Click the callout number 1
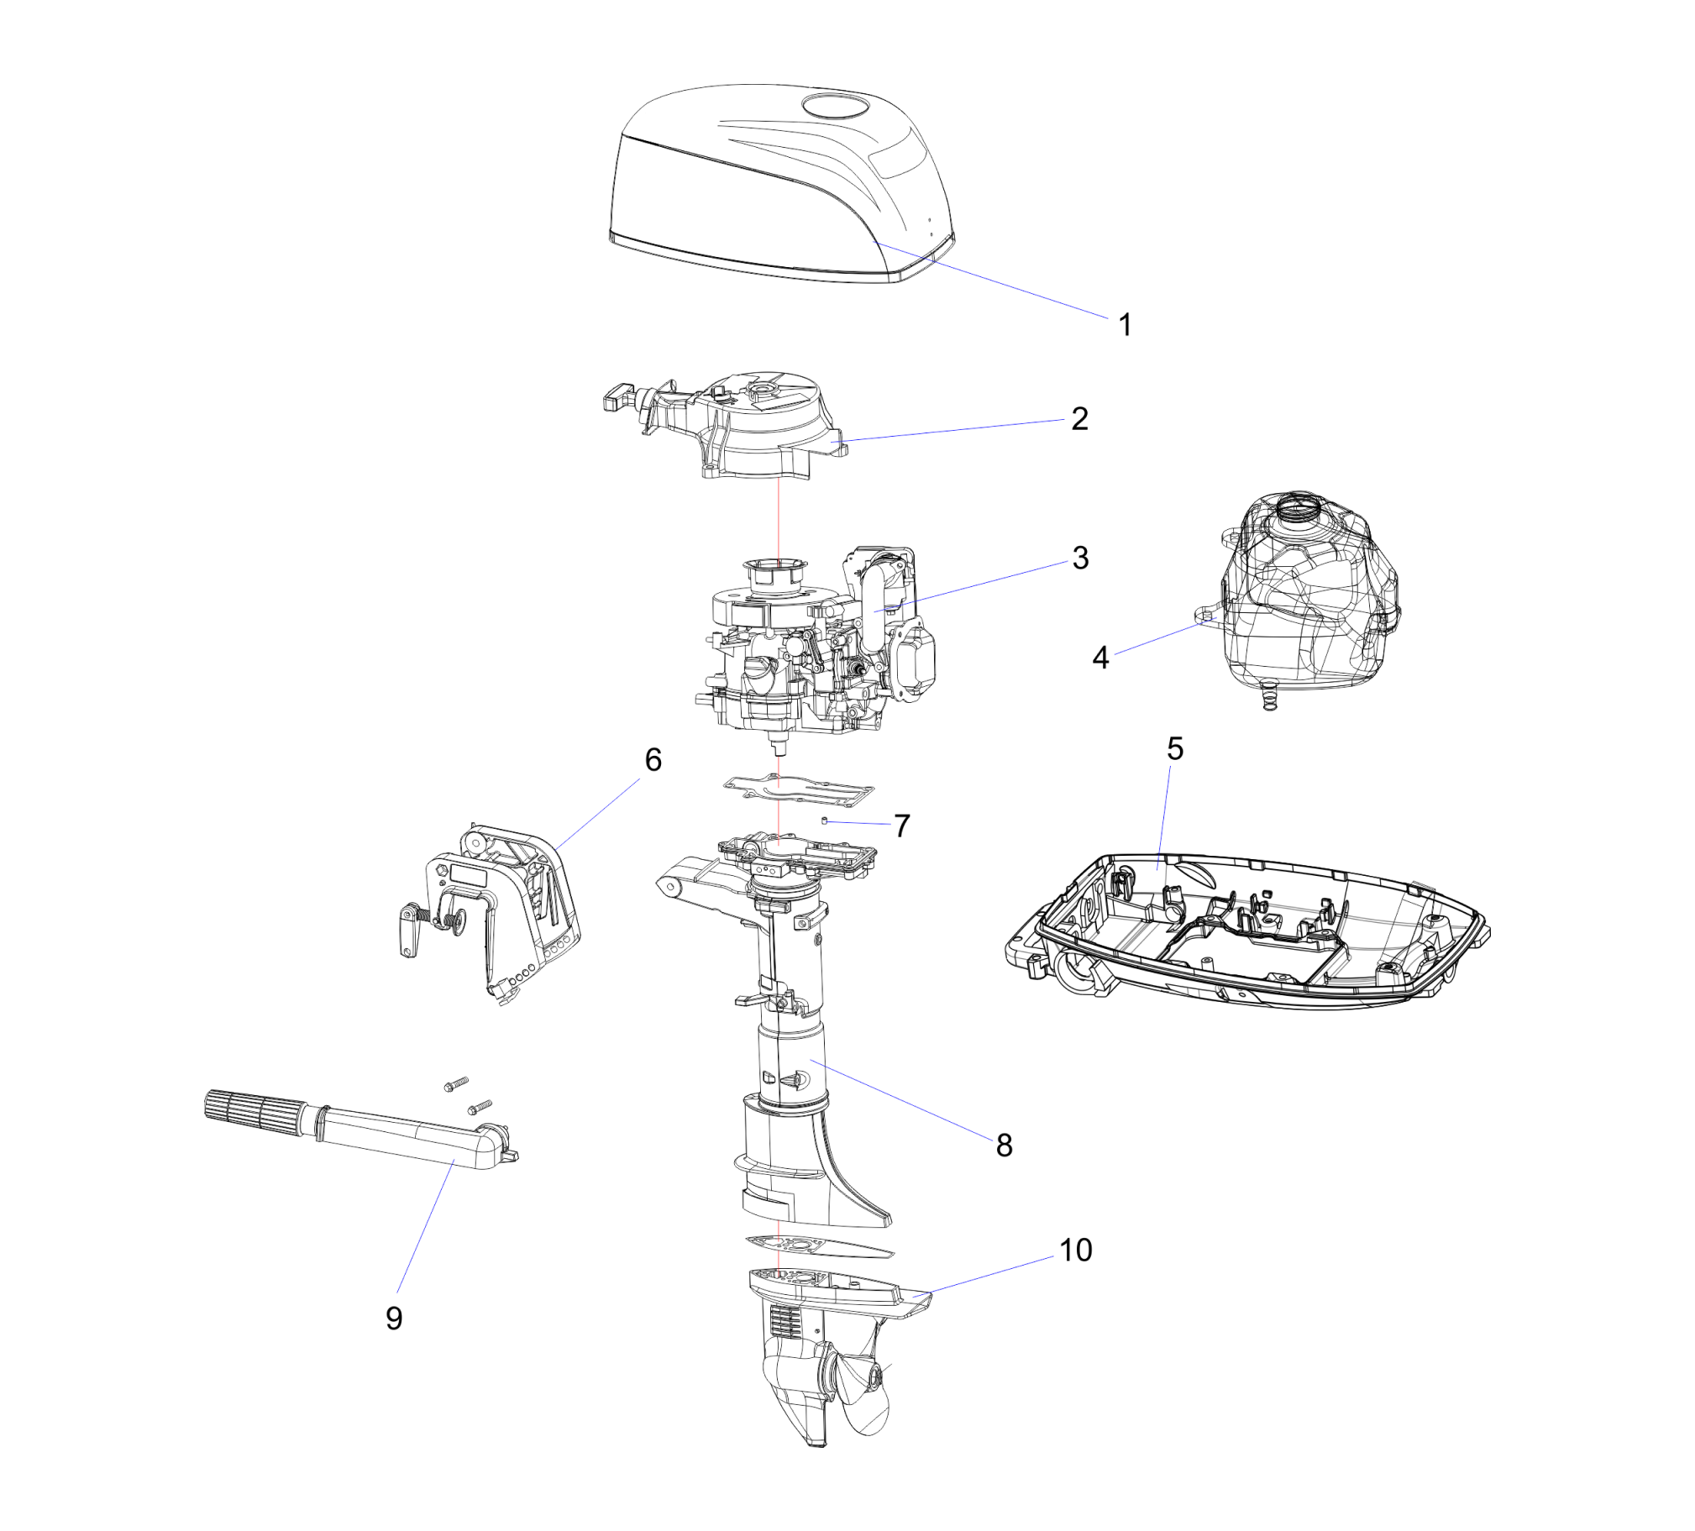(x=1125, y=324)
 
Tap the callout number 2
(x=1079, y=419)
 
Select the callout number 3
(x=1080, y=558)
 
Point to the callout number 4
(x=1100, y=658)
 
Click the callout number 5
(x=1174, y=748)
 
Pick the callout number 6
(x=653, y=759)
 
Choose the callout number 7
(x=902, y=826)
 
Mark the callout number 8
(x=1004, y=1144)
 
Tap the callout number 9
(x=394, y=1318)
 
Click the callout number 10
(x=1075, y=1250)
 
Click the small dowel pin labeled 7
(x=825, y=820)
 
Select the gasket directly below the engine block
(x=798, y=788)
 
